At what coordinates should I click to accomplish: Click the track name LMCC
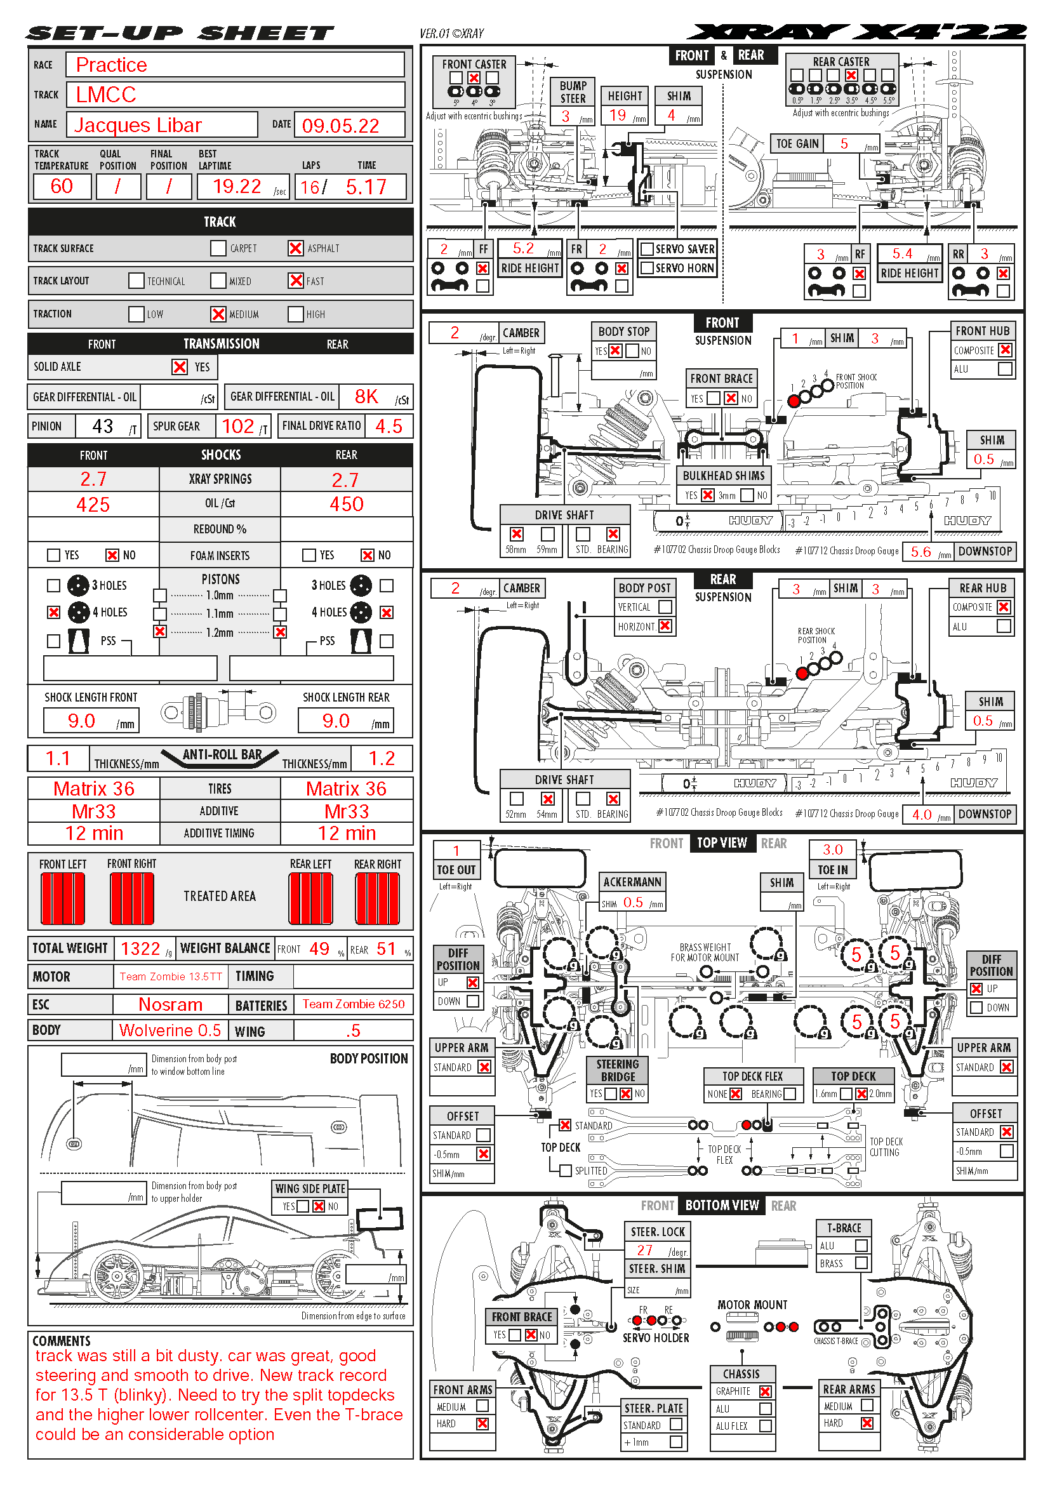click(x=106, y=95)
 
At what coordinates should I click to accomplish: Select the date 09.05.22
click(x=340, y=126)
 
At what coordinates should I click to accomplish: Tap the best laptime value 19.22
click(x=237, y=187)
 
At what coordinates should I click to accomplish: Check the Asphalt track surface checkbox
click(x=295, y=248)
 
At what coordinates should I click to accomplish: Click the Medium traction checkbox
click(x=218, y=314)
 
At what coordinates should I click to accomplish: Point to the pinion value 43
click(x=103, y=426)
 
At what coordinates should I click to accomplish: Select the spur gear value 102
click(x=238, y=426)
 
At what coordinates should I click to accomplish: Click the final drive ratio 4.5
click(x=389, y=426)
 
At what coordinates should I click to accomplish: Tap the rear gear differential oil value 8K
click(x=366, y=396)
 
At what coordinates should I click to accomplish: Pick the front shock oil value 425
click(x=93, y=505)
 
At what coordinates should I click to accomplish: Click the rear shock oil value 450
click(x=347, y=505)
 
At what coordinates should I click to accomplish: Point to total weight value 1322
click(x=140, y=949)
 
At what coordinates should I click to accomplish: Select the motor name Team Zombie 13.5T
click(x=171, y=976)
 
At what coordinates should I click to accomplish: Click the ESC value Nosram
click(x=171, y=1004)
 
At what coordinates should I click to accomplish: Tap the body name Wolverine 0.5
click(x=170, y=1030)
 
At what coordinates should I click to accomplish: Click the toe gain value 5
click(x=844, y=143)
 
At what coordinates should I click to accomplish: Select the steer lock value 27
click(x=644, y=1250)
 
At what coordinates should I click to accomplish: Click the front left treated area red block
click(x=63, y=898)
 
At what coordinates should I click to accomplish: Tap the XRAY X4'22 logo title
click(x=856, y=32)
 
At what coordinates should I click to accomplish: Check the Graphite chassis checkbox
click(x=766, y=1391)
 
